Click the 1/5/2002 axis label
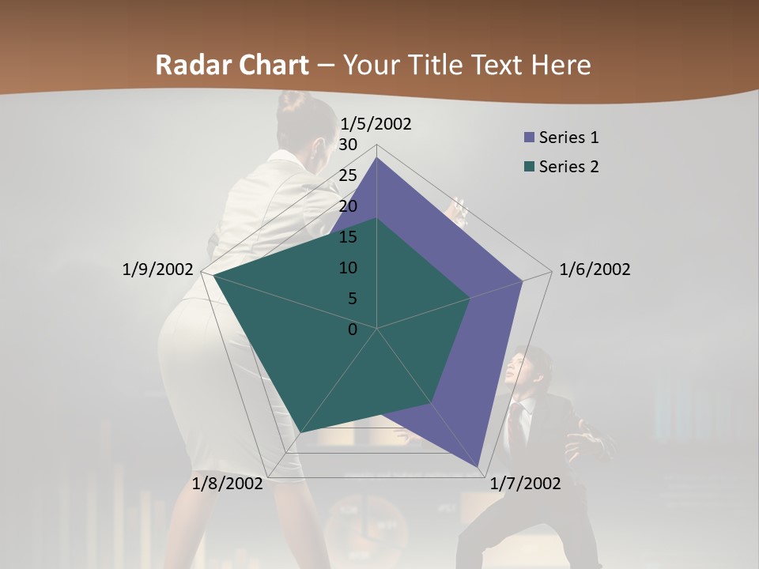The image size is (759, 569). pos(376,124)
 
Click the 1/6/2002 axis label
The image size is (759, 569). pos(595,269)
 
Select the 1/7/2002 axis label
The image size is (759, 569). pos(525,484)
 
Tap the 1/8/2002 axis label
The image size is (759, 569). pos(228,484)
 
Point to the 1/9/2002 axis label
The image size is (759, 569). pos(157,269)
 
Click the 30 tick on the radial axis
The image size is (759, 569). pos(348,145)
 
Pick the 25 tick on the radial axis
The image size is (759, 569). pos(348,175)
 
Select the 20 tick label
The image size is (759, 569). pos(348,206)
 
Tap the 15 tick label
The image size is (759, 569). pos(348,237)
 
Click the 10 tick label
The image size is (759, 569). pos(348,268)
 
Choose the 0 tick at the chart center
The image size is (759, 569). pos(353,329)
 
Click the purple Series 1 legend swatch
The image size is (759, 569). pos(529,138)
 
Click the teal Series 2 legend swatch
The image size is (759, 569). pos(529,167)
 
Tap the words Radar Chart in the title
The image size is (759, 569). pos(232,65)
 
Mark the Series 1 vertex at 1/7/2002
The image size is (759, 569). pos(478,467)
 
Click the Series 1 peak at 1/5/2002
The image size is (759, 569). pos(376,157)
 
